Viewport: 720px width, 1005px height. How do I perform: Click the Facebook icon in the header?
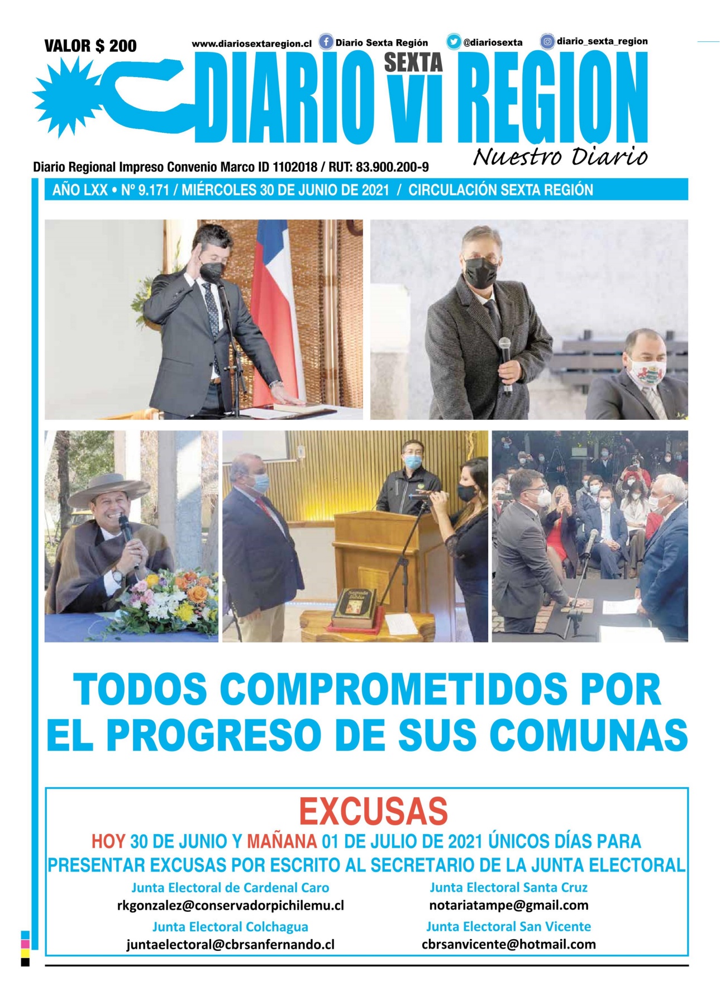pos(326,42)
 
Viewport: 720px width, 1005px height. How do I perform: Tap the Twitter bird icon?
pos(454,42)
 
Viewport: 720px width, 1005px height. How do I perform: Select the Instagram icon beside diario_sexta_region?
pos(547,41)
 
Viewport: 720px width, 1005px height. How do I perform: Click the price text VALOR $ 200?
pos(90,46)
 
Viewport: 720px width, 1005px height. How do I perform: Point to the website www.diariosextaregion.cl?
pos(251,44)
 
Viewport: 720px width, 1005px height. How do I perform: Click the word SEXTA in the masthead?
pos(413,63)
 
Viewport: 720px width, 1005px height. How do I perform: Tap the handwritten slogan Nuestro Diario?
pos(560,157)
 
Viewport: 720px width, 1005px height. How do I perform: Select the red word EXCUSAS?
pos(373,811)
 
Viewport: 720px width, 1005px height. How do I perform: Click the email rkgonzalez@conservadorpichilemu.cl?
pos(230,905)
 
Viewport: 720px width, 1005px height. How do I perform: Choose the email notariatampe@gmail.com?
pos(508,904)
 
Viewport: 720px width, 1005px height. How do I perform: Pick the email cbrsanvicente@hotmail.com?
pos(508,944)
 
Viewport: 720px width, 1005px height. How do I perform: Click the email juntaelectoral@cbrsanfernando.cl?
pos(230,945)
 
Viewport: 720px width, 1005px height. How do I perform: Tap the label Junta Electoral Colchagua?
pos(230,927)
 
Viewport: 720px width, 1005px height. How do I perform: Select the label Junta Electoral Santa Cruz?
pos(508,887)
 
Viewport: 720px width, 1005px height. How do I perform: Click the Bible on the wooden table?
pos(355,607)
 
